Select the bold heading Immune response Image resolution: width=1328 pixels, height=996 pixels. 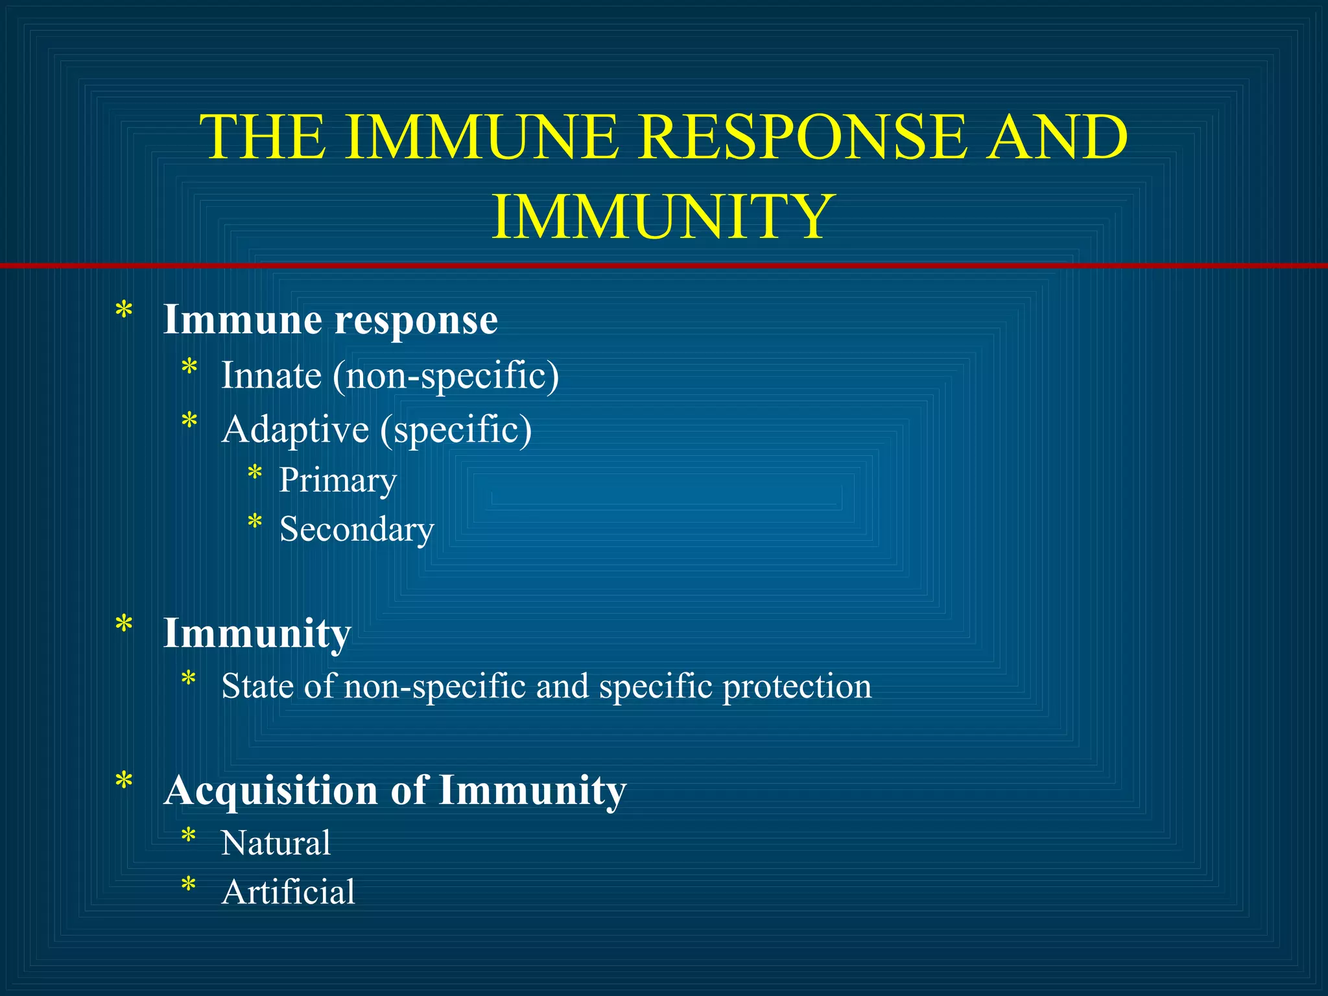point(330,320)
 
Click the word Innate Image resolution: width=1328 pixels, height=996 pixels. point(271,375)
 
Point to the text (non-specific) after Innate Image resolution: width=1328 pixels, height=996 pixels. point(445,376)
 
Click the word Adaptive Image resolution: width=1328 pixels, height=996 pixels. point(295,429)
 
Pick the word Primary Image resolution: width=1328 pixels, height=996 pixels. point(337,480)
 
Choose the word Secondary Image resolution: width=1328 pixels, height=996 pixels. point(356,529)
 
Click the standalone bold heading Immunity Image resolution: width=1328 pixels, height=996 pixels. point(257,633)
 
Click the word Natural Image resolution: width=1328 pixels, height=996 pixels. point(276,843)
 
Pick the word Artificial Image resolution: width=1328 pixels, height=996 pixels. point(288,892)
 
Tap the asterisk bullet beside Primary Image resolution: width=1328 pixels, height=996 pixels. point(255,474)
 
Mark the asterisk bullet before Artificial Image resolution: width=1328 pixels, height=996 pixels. point(189,885)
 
